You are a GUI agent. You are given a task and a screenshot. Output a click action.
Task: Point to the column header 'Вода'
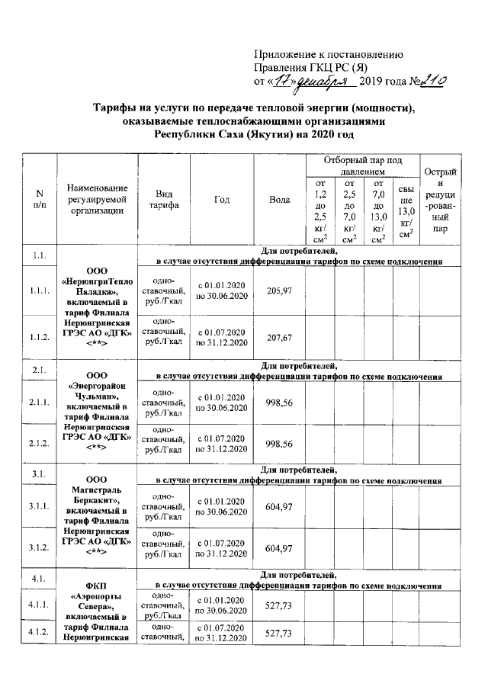(280, 200)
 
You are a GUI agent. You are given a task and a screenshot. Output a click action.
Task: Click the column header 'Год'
(222, 200)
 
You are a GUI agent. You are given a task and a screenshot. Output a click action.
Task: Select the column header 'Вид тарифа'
(164, 200)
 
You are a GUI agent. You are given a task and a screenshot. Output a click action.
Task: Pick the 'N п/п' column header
(40, 200)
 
